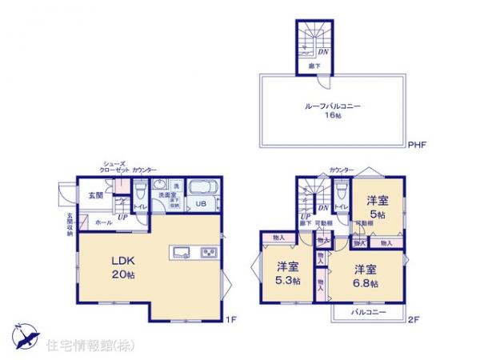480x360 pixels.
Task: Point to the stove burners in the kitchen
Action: (x=207, y=254)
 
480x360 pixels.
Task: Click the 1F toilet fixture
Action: (x=139, y=191)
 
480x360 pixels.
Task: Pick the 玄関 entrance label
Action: (x=95, y=195)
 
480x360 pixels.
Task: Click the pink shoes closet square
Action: (x=118, y=186)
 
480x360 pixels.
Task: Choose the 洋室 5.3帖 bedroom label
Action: (x=286, y=274)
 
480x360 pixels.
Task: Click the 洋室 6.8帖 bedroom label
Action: (x=365, y=274)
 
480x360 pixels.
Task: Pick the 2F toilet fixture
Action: (x=342, y=190)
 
